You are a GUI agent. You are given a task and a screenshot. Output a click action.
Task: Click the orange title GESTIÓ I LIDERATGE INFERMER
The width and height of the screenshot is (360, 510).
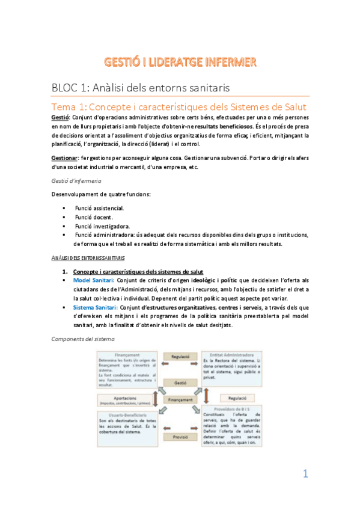point(180,62)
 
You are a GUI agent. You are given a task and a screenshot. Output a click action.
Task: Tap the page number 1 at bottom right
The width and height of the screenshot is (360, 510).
point(305,474)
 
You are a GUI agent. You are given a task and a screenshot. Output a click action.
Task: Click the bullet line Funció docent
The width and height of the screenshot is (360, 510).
point(94,217)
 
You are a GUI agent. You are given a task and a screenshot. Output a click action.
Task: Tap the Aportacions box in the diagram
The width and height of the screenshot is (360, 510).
point(124,399)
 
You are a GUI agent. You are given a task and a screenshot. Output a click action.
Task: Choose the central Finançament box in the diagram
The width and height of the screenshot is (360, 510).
point(180,399)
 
